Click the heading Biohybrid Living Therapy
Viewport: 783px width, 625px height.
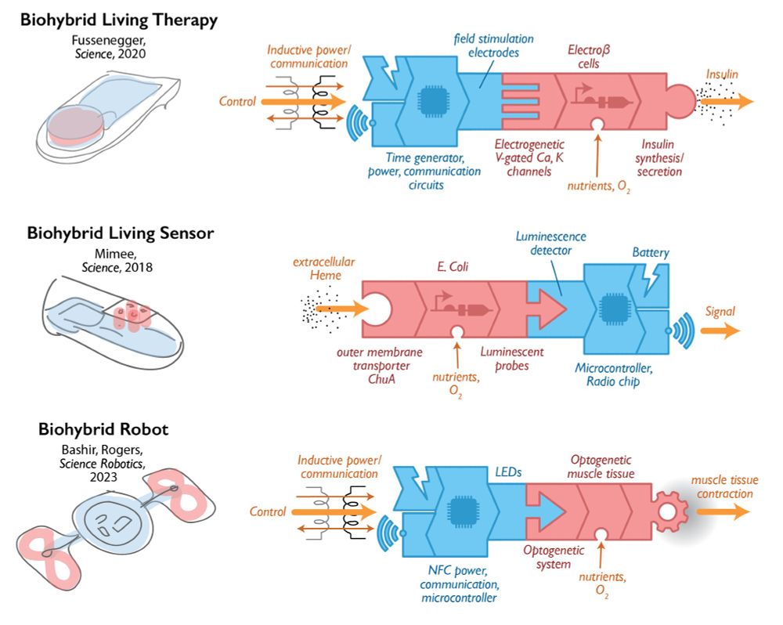click(118, 20)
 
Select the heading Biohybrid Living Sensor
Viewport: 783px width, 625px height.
click(121, 233)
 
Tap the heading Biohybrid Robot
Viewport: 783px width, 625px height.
click(104, 429)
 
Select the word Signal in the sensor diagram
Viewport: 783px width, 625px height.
click(720, 312)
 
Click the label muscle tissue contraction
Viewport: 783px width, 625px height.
click(721, 486)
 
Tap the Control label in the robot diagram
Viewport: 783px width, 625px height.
click(268, 511)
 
